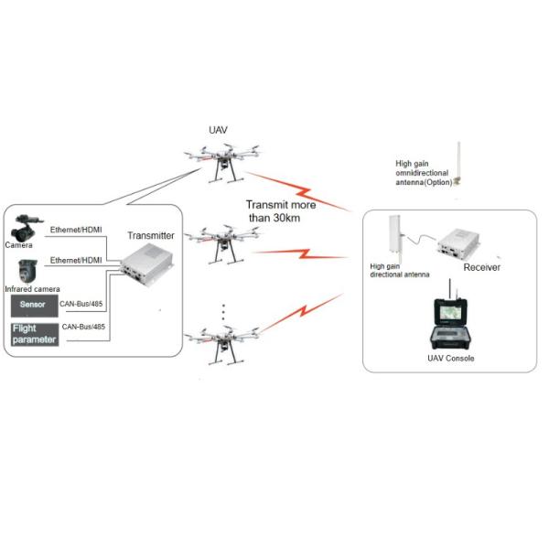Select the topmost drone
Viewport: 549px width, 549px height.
point(221,159)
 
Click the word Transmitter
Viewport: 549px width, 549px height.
point(150,235)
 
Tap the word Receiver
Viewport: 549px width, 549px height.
point(481,267)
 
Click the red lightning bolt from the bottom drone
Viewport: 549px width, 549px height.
point(307,315)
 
